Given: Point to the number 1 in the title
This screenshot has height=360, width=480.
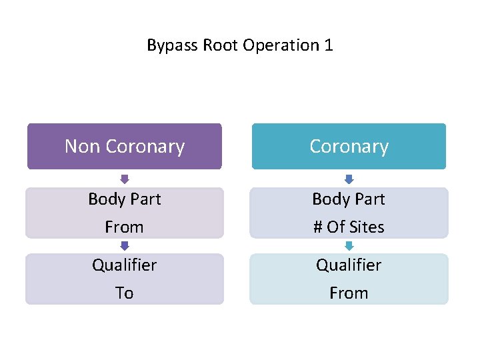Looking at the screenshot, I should click(327, 45).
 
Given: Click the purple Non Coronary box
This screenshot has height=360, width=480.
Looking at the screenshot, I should click(124, 146).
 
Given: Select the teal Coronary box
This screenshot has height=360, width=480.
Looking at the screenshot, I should click(349, 146).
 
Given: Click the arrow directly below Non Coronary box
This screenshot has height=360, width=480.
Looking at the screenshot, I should click(125, 179).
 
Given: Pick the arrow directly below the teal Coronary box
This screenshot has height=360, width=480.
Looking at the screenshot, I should click(349, 179).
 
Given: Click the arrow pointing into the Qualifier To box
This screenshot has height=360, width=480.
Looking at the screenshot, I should click(125, 245).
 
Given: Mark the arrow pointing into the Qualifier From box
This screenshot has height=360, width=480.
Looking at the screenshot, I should click(349, 245).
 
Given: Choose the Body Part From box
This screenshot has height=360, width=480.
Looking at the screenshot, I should click(124, 213).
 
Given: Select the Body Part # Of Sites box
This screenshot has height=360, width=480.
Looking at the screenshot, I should click(349, 213).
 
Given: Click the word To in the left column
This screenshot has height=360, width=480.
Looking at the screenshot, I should click(125, 293).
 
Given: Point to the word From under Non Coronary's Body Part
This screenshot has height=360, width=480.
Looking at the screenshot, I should click(125, 227).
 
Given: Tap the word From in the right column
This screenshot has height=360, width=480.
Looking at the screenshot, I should click(349, 293).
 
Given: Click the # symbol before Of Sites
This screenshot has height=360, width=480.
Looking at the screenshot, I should click(318, 227).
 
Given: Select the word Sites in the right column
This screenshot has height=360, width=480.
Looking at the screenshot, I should click(367, 227).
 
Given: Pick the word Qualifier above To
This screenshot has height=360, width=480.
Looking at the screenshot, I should click(125, 265).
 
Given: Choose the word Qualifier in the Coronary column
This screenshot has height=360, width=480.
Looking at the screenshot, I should click(349, 265).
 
